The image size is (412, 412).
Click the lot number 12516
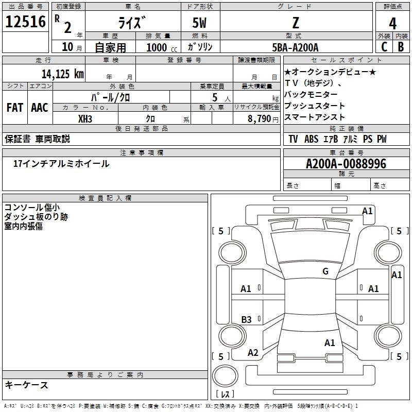[x=25, y=21]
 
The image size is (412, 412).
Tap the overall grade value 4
[x=392, y=23]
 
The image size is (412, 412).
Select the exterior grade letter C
[x=384, y=47]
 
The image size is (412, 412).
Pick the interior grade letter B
[x=401, y=47]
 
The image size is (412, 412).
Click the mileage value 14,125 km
[x=62, y=74]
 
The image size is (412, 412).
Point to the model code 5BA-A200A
[x=295, y=47]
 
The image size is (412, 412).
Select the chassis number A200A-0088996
[x=346, y=164]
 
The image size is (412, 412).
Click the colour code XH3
[x=85, y=119]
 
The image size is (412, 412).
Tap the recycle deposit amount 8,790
[x=259, y=119]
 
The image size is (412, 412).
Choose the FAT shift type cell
[x=15, y=108]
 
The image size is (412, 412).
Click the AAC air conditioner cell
[x=40, y=108]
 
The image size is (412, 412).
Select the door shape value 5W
[x=199, y=23]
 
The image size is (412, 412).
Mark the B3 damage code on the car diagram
[x=246, y=319]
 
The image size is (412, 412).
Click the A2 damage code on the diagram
[x=253, y=353]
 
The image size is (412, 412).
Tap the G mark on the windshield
[x=325, y=271]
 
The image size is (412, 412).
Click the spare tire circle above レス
[x=225, y=376]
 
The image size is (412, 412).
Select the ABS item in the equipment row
[x=311, y=139]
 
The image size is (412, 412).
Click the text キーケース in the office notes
[x=26, y=385]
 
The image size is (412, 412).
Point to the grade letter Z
[x=296, y=23]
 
